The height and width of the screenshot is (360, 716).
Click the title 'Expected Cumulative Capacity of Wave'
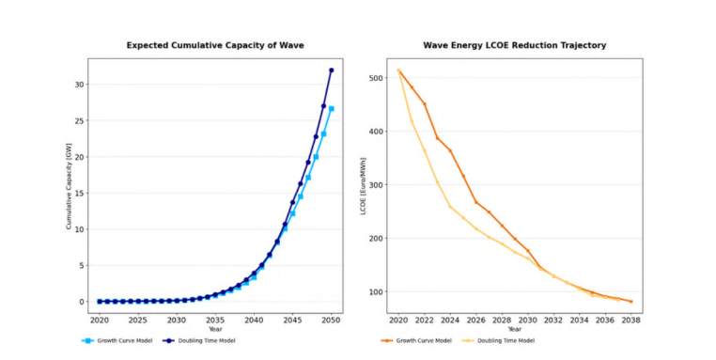click(215, 45)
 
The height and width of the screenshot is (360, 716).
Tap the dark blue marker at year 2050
click(332, 70)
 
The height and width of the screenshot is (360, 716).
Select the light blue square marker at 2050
click(332, 109)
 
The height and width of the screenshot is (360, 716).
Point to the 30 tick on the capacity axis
click(81, 85)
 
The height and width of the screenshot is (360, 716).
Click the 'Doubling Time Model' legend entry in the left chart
click(200, 340)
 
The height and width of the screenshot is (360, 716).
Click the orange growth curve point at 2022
click(425, 104)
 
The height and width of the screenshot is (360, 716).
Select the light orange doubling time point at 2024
click(450, 207)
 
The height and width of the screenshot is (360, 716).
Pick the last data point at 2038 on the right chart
click(630, 302)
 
